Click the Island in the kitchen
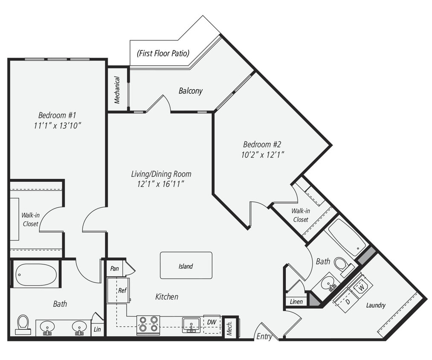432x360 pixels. (186, 265)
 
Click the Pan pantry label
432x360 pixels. (114, 268)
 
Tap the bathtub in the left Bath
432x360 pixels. (36, 275)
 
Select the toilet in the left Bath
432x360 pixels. (23, 324)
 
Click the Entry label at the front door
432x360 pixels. (264, 337)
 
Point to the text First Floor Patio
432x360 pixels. (163, 53)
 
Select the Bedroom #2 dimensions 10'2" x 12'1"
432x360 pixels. (262, 154)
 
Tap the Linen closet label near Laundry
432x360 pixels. (296, 302)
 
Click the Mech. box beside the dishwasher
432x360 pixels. (230, 327)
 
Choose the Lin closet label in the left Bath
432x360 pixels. (97, 330)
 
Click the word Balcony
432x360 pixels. (191, 91)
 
